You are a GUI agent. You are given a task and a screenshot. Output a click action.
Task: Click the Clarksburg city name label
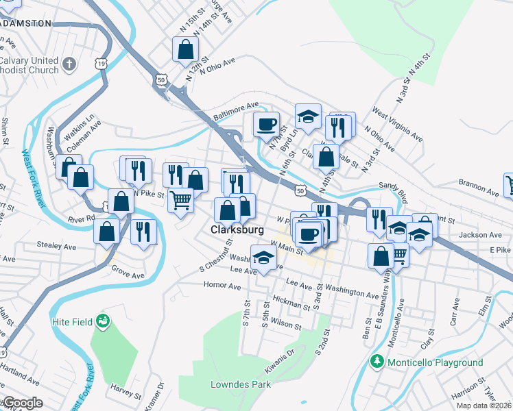(237, 229)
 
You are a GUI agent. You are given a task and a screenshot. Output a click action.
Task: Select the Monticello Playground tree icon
(377, 361)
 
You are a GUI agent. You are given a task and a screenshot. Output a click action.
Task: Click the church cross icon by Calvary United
(69, 64)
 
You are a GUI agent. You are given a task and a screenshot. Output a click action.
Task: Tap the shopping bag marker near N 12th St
(185, 49)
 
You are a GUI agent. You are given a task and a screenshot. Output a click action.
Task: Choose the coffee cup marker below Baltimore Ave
(266, 125)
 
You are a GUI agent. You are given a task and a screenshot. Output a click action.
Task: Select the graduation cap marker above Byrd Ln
(309, 116)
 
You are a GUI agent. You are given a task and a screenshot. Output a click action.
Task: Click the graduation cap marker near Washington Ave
(263, 258)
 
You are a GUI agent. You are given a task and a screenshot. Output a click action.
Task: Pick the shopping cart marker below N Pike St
(180, 201)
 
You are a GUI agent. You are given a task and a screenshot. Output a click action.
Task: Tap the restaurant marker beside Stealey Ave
(143, 232)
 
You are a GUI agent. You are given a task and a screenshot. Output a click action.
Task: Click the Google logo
(23, 403)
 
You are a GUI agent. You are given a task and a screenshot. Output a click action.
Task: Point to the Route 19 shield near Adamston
(102, 63)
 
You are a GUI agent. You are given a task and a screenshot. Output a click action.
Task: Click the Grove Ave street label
(128, 271)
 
